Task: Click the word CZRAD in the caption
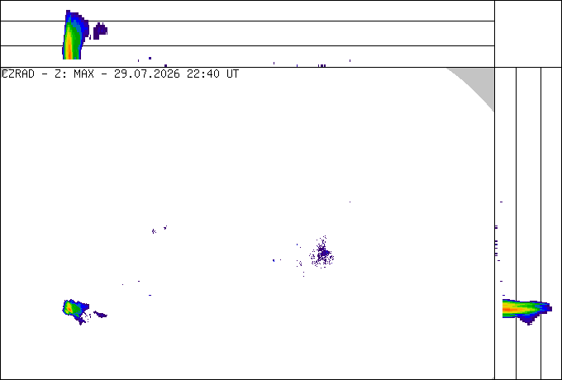pyautogui.click(x=18, y=74)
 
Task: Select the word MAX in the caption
pyautogui.click(x=83, y=74)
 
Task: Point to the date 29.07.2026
pyautogui.click(x=147, y=74)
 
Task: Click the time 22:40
pyautogui.click(x=203, y=74)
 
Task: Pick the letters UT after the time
pyautogui.click(x=232, y=74)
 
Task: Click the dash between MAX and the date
pyautogui.click(x=104, y=74)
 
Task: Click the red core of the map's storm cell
pyautogui.click(x=68, y=307)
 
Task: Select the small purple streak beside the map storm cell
pyautogui.click(x=100, y=315)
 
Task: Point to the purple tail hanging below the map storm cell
pyautogui.click(x=81, y=321)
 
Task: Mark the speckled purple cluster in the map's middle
pyautogui.click(x=322, y=253)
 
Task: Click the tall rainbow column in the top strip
pyautogui.click(x=72, y=36)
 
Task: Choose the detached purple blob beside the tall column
pyautogui.click(x=100, y=31)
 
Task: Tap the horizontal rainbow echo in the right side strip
pyautogui.click(x=524, y=308)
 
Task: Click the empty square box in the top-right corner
pyautogui.click(x=528, y=34)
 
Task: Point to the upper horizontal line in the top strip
pyautogui.click(x=247, y=21)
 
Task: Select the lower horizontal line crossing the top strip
pyautogui.click(x=247, y=45)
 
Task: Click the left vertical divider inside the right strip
pyautogui.click(x=516, y=223)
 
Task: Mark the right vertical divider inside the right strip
pyautogui.click(x=541, y=223)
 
